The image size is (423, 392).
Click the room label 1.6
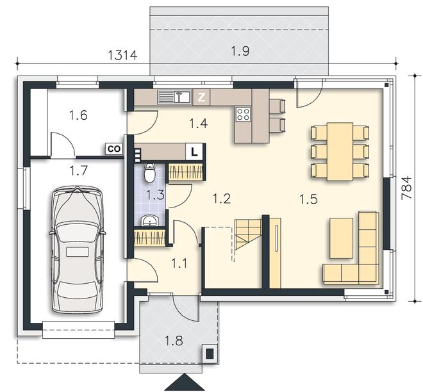pos(78,116)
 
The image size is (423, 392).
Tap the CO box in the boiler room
pos(114,149)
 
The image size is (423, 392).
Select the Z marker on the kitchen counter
pos(201,97)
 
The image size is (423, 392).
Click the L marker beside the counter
pos(194,152)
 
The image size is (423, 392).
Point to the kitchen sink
pos(175,97)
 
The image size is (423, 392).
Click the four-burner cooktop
pos(244,113)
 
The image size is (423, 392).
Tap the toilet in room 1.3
pos(150,172)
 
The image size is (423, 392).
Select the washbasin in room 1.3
pos(149,220)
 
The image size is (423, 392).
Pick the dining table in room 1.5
pos(340,152)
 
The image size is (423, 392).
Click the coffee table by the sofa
pos(341,238)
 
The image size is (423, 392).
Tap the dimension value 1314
pos(123,55)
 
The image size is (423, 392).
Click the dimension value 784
pos(406,188)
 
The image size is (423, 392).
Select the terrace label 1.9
pos(240,51)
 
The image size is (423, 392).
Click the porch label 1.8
pos(174,341)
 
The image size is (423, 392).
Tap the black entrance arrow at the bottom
pos(184,383)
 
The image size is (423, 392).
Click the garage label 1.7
pos(78,170)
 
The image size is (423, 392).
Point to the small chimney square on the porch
pos(210,352)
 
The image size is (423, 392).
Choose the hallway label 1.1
pos(180,263)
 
